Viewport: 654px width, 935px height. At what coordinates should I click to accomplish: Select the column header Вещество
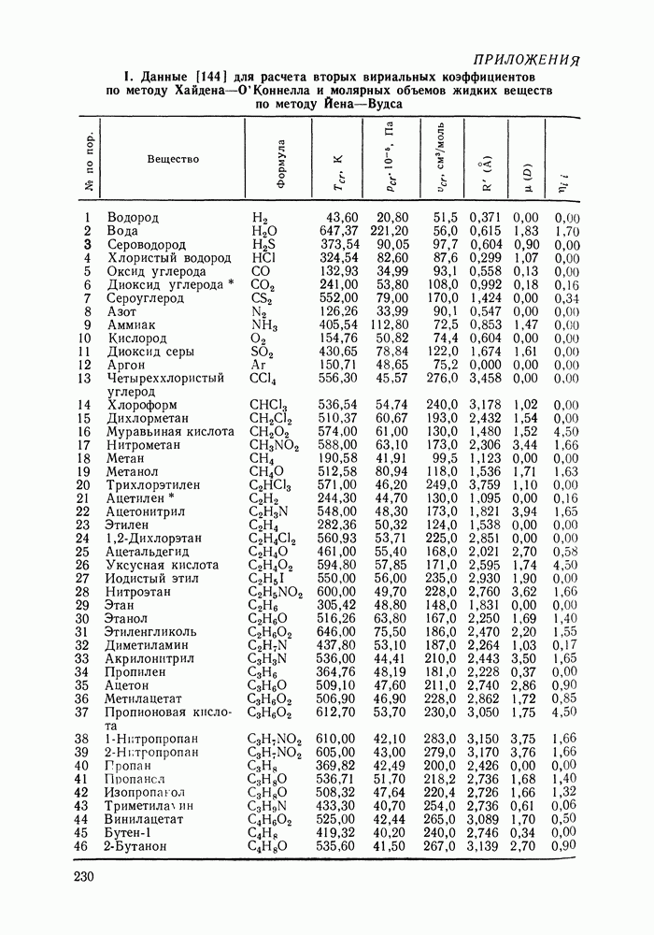173,159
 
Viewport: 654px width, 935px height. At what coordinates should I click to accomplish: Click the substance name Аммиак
134,324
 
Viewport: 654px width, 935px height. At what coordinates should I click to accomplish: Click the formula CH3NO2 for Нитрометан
275,446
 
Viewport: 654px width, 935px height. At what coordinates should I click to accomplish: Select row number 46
80,847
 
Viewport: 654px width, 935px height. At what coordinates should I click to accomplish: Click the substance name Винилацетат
149,820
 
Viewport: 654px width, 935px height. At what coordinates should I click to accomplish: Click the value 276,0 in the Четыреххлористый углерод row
438,378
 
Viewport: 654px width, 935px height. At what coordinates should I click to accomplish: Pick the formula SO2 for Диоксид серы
263,352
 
